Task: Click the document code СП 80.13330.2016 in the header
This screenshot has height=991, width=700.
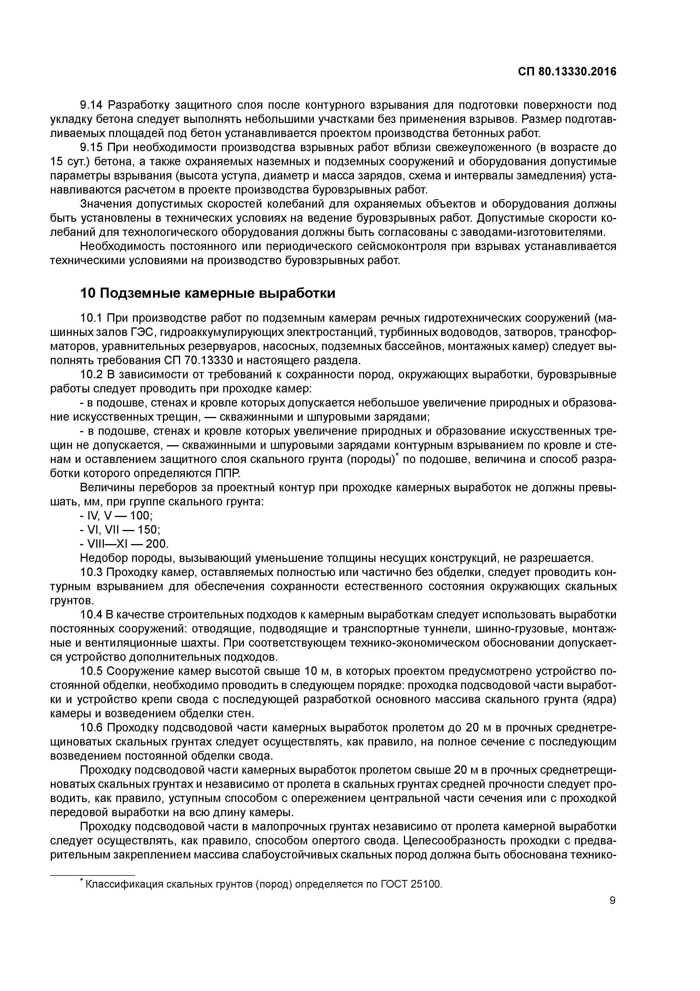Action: [567, 72]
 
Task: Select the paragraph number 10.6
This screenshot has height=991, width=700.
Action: [91, 728]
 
